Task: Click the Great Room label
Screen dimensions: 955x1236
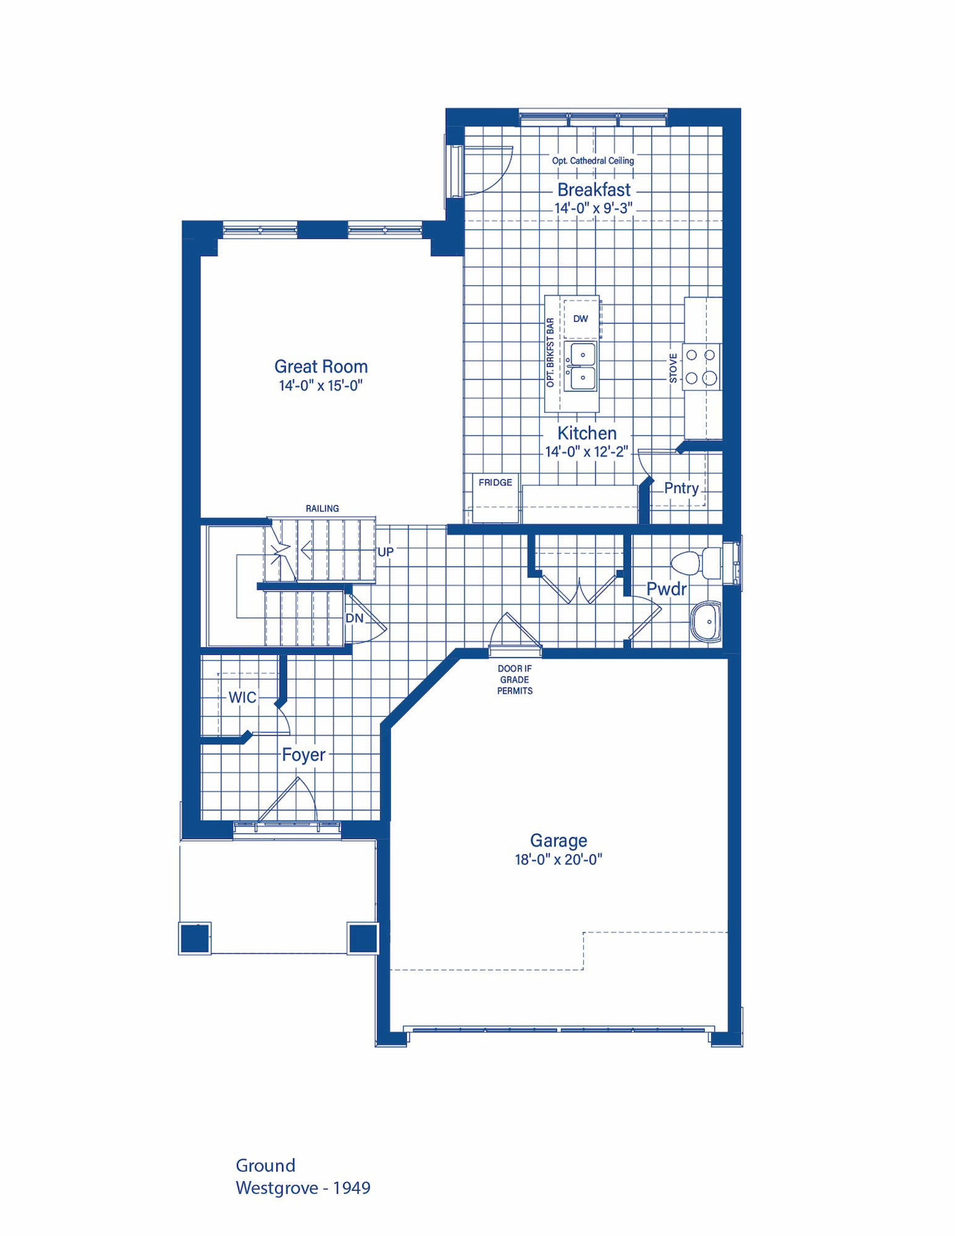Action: coord(321,366)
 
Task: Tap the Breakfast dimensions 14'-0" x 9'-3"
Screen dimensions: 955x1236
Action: coord(594,208)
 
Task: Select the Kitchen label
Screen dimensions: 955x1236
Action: coord(587,433)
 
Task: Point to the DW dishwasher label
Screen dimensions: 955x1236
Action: coord(581,319)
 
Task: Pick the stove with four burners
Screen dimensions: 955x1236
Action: coord(701,366)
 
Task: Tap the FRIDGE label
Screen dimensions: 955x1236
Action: coord(495,483)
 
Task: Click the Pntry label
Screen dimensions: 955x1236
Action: coord(681,488)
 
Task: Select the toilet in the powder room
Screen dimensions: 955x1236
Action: coord(696,562)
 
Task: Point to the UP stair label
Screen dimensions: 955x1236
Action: coord(385,552)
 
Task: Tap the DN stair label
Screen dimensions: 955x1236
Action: coord(355,618)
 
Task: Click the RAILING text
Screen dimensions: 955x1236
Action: coord(322,509)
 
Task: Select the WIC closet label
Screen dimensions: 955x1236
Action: coord(242,698)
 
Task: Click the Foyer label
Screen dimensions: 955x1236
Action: coord(303,755)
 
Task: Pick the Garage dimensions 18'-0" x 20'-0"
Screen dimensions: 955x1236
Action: coord(558,860)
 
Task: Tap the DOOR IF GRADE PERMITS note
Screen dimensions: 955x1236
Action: coord(515,680)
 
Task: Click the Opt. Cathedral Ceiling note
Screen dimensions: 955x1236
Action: coord(593,161)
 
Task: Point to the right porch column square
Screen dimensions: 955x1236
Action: coord(363,939)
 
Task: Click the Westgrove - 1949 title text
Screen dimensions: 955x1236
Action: coord(303,1188)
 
